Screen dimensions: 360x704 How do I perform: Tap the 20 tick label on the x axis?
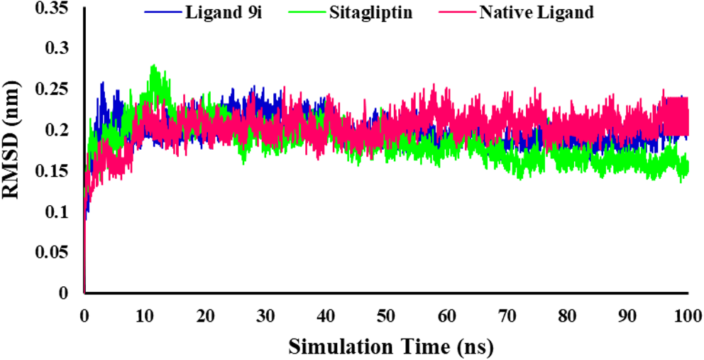[206, 315]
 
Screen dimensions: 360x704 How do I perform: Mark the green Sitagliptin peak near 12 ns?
[153, 67]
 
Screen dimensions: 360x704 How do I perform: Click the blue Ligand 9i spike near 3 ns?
[102, 83]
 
